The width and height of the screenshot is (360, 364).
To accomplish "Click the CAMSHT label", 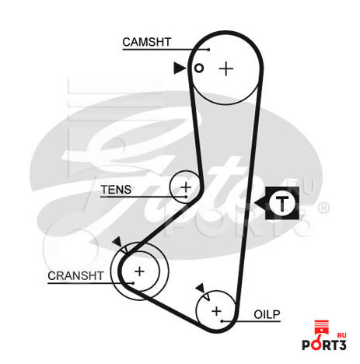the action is coord(147,42).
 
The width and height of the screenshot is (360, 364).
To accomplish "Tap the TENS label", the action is coord(116,190).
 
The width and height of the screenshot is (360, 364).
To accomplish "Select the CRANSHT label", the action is coord(75,275).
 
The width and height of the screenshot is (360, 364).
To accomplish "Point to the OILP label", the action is coord(267,314).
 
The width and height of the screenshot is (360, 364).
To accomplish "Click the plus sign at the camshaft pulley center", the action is coord(226,69).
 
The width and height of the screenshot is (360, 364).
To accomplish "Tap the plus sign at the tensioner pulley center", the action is coord(186,187).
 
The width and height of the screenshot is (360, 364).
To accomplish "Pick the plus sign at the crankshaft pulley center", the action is coord(139,271).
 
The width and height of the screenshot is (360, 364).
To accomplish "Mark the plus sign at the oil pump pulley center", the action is coord(216,311).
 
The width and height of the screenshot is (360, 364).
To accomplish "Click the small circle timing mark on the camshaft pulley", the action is coord(199,68).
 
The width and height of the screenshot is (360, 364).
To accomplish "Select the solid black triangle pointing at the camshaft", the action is coord(179,68).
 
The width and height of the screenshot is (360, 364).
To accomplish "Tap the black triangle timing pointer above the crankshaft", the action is coord(117,242).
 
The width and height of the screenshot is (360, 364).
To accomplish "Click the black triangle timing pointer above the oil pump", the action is coord(201,288).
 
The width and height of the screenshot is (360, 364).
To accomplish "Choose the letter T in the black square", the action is coord(282,204).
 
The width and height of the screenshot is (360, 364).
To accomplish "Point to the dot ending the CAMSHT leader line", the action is coord(208,49).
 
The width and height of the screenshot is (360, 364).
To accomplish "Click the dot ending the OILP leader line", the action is coord(222,321).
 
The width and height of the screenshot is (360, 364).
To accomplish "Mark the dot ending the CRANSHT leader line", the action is coord(133,283).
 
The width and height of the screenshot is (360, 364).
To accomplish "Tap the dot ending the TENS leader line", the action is coord(186,197).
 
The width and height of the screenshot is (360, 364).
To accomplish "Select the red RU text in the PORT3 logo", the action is coord(342,335).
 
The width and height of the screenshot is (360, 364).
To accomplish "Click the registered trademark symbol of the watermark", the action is coord(323,208).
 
